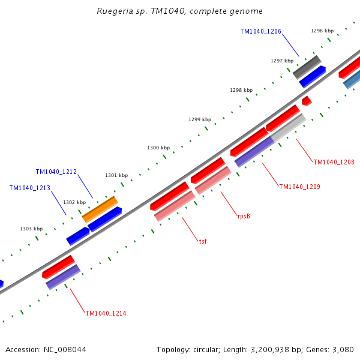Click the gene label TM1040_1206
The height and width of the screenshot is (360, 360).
tap(260, 31)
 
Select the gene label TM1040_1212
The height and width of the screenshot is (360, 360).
tap(56, 172)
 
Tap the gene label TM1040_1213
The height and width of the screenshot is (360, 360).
tap(29, 188)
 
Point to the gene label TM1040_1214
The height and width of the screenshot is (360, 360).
tap(106, 313)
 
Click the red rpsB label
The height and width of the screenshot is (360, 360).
tap(244, 216)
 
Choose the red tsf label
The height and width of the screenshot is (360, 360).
tap(203, 241)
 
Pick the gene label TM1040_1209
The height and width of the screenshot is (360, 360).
tap(299, 187)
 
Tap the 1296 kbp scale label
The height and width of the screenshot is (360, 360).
tap(322, 31)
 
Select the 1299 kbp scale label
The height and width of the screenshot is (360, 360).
tap(200, 119)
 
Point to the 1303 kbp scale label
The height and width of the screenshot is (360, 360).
tap(31, 229)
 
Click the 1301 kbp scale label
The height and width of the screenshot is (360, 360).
tap(116, 175)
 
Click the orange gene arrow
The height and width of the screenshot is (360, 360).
tap(100, 208)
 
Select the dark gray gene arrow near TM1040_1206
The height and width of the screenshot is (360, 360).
tap(307, 66)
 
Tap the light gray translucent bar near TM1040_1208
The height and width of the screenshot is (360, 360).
tap(289, 127)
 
